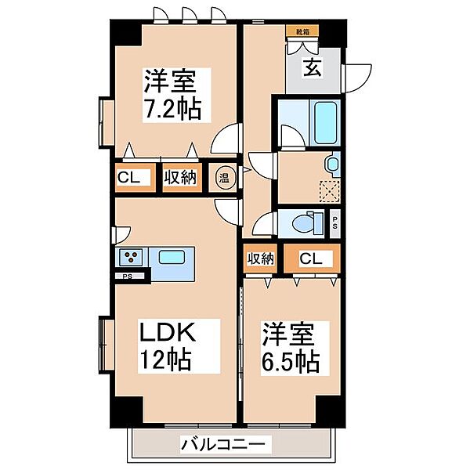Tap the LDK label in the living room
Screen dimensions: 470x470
tap(165, 334)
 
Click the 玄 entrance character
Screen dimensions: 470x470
tap(313, 68)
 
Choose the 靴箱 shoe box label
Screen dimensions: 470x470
tap(302, 32)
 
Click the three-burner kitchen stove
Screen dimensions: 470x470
tap(129, 256)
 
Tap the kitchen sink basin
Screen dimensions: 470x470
tap(170, 256)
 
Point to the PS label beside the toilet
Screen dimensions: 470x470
tap(335, 221)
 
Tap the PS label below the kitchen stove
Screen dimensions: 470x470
tap(126, 276)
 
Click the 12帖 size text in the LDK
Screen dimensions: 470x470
tap(165, 361)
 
